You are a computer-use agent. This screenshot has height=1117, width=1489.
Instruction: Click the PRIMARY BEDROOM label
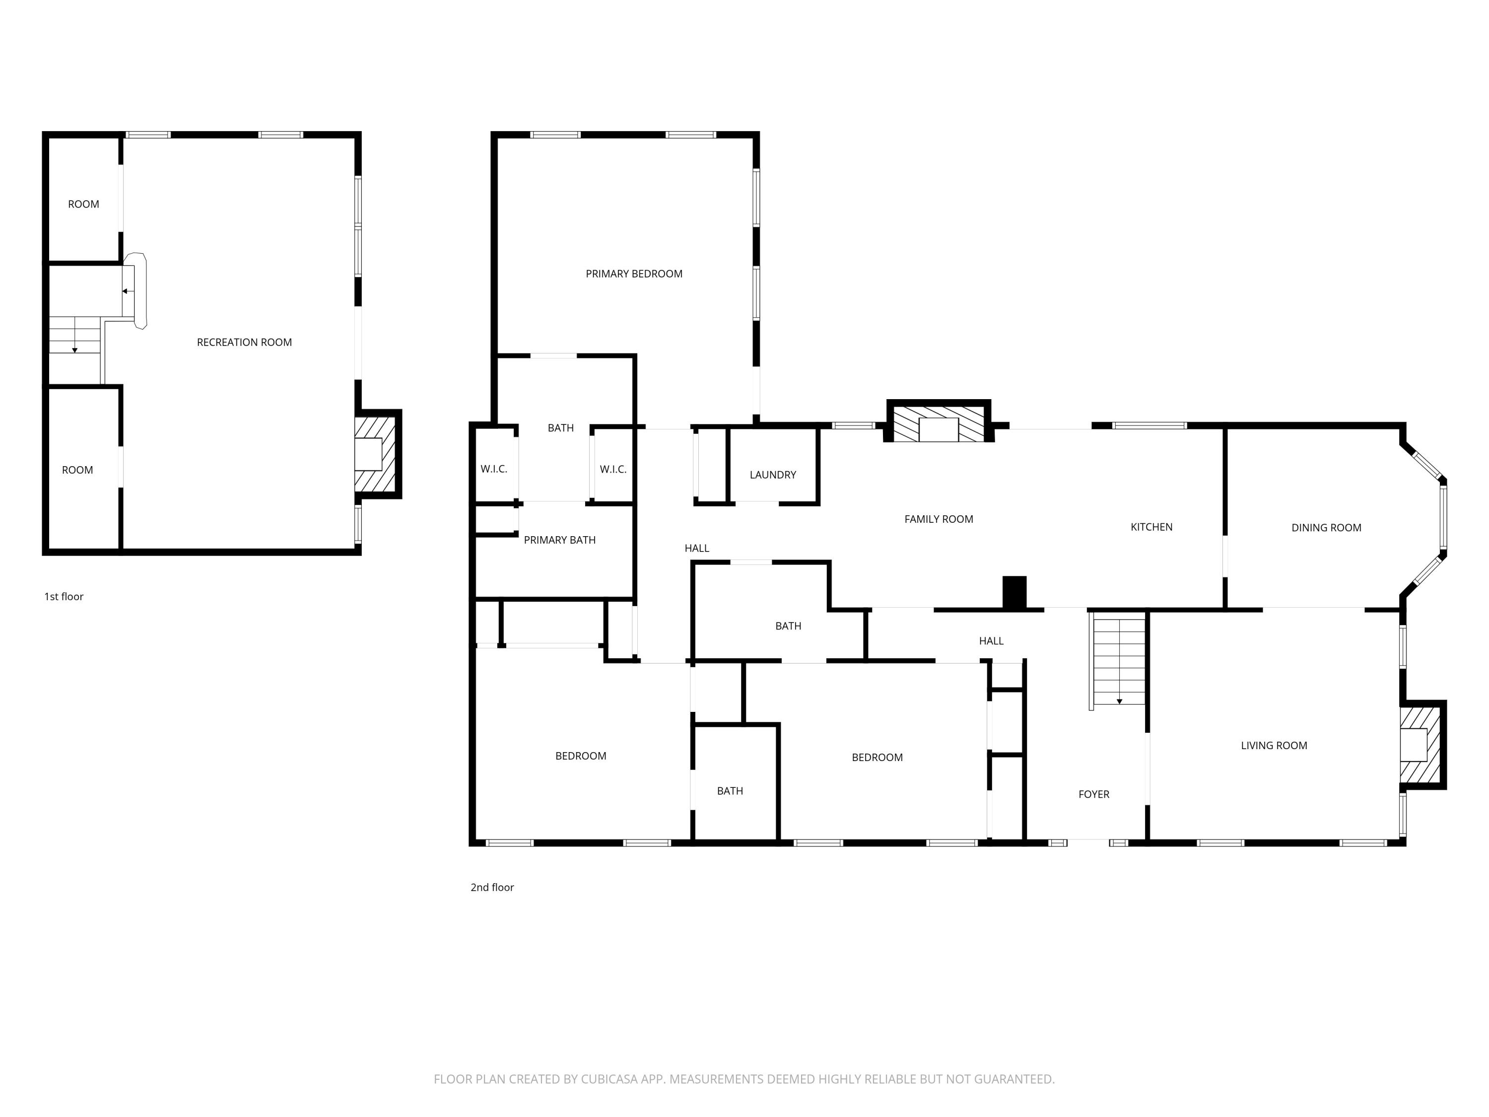(x=633, y=274)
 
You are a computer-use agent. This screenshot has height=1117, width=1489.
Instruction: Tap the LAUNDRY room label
(x=773, y=475)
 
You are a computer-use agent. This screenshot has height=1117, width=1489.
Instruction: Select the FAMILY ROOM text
(x=939, y=519)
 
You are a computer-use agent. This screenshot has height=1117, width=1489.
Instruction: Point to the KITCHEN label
(x=1151, y=527)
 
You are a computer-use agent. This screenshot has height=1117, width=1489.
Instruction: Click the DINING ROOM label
(x=1326, y=528)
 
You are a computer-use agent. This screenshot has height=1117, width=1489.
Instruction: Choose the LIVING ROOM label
(x=1274, y=745)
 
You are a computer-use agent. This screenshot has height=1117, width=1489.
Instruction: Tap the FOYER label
(x=1093, y=794)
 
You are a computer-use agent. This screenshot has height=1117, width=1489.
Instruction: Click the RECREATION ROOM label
(x=244, y=342)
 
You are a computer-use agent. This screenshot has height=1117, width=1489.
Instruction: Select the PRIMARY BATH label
(x=559, y=540)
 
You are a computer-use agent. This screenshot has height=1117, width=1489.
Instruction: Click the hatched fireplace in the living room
(x=1421, y=744)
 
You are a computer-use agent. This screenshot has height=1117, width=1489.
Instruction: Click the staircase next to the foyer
(x=1118, y=660)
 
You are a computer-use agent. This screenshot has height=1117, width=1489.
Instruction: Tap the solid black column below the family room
(x=1014, y=592)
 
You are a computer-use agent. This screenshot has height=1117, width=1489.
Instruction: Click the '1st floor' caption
(x=64, y=597)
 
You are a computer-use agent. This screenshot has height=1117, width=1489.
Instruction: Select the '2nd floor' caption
(x=492, y=888)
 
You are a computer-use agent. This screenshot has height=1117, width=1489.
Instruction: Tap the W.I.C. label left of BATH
(x=493, y=469)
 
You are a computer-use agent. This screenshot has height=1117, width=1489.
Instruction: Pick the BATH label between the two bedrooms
(x=730, y=791)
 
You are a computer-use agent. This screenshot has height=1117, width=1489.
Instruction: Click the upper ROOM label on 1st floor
(x=83, y=204)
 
